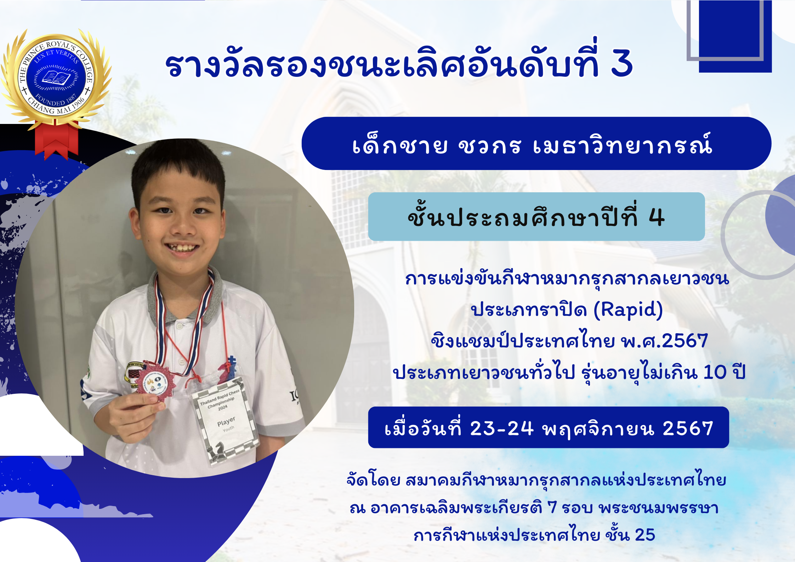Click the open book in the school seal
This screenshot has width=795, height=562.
coord(56,78)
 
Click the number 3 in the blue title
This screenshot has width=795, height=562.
coord(622,63)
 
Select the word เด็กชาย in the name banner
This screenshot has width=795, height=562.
coord(400,145)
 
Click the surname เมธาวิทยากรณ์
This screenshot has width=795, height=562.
coord(622,144)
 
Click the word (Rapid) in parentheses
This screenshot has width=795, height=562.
coord(628,310)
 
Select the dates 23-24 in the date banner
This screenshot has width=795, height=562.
coord(501,428)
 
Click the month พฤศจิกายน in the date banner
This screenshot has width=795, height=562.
coord(598,429)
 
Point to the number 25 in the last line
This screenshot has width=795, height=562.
coord(645,535)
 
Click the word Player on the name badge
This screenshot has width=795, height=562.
coord(226,421)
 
